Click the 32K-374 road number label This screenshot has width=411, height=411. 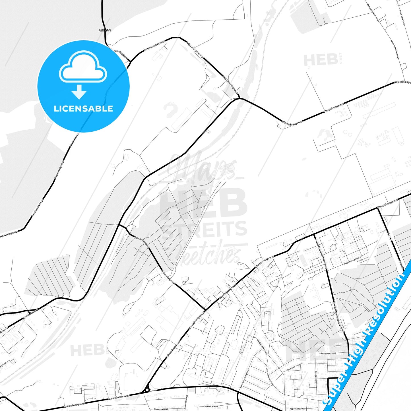pos(105,30)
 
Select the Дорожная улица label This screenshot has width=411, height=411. pos(352,260)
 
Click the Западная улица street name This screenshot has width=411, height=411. pos(328,353)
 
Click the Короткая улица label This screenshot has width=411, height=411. pos(297,409)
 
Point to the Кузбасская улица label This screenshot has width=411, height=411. pos(262,346)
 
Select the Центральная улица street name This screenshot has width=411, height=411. pos(269,376)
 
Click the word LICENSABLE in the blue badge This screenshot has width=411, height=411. pos(83,109)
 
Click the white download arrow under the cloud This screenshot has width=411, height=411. pos(79,92)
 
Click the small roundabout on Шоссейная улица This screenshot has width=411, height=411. pos(147,390)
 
